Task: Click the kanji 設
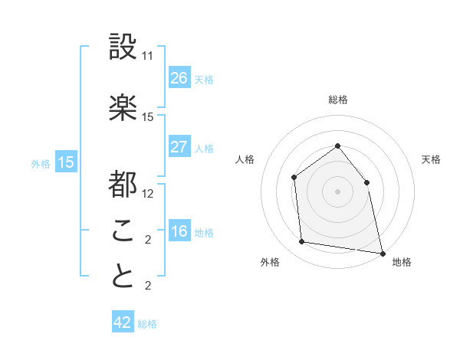pyautogui.click(x=123, y=47)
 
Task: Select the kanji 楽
pyautogui.click(x=123, y=108)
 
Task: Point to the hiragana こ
pyautogui.click(x=123, y=230)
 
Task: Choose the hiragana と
pyautogui.click(x=123, y=277)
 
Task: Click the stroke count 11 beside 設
pyautogui.click(x=148, y=56)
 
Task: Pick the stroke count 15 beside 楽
pyautogui.click(x=148, y=117)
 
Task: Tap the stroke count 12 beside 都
pyautogui.click(x=148, y=193)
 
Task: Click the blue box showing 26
pyautogui.click(x=179, y=77)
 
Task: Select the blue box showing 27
pyautogui.click(x=179, y=147)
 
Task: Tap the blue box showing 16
pyautogui.click(x=179, y=231)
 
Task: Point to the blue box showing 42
pyautogui.click(x=123, y=322)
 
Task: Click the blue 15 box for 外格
pyautogui.click(x=66, y=162)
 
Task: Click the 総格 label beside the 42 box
pyautogui.click(x=147, y=324)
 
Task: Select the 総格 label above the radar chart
pyautogui.click(x=337, y=100)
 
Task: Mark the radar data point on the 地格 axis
pyautogui.click(x=382, y=253)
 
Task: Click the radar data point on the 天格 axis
pyautogui.click(x=366, y=182)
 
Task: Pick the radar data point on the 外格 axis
pyautogui.click(x=302, y=242)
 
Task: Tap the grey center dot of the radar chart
pyautogui.click(x=337, y=191)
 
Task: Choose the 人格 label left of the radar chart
pyautogui.click(x=245, y=159)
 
